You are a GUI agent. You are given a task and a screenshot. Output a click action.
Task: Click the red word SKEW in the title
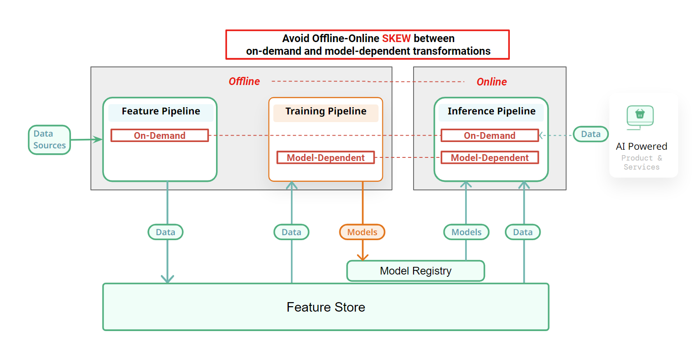[x=396, y=38]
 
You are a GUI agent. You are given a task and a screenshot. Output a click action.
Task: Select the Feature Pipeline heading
[x=160, y=111]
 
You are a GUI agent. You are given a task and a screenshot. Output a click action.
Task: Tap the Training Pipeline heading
[x=325, y=111]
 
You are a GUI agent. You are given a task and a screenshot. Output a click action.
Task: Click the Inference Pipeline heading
[x=491, y=111]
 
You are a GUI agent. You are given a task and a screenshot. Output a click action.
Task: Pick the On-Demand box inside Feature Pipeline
[x=160, y=135]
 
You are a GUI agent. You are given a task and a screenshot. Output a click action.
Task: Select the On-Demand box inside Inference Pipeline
[x=489, y=135]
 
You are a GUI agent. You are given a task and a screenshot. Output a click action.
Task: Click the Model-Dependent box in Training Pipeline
[x=325, y=157]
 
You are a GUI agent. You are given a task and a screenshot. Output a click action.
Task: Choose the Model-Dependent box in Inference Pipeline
[x=489, y=157]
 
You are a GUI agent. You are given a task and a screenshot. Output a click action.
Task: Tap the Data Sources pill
[x=49, y=140]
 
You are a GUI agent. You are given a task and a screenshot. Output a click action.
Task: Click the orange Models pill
[x=362, y=232]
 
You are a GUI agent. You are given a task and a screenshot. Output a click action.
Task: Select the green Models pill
[x=466, y=232]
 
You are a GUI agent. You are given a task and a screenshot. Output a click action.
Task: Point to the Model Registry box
[x=415, y=271]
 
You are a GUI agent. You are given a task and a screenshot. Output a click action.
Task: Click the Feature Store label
[x=325, y=307]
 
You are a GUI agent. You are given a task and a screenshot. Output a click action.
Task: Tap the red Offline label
[x=244, y=81]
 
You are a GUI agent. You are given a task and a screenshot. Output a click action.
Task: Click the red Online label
[x=491, y=82]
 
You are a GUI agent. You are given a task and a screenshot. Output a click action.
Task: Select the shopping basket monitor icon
[x=640, y=116]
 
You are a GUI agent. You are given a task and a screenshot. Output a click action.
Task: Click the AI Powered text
[x=641, y=147]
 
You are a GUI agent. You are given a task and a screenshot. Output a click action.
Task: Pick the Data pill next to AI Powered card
[x=590, y=134]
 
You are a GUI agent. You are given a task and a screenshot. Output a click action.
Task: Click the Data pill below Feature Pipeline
[x=165, y=232]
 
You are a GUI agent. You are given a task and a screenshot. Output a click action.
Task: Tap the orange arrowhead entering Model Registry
[x=362, y=257]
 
